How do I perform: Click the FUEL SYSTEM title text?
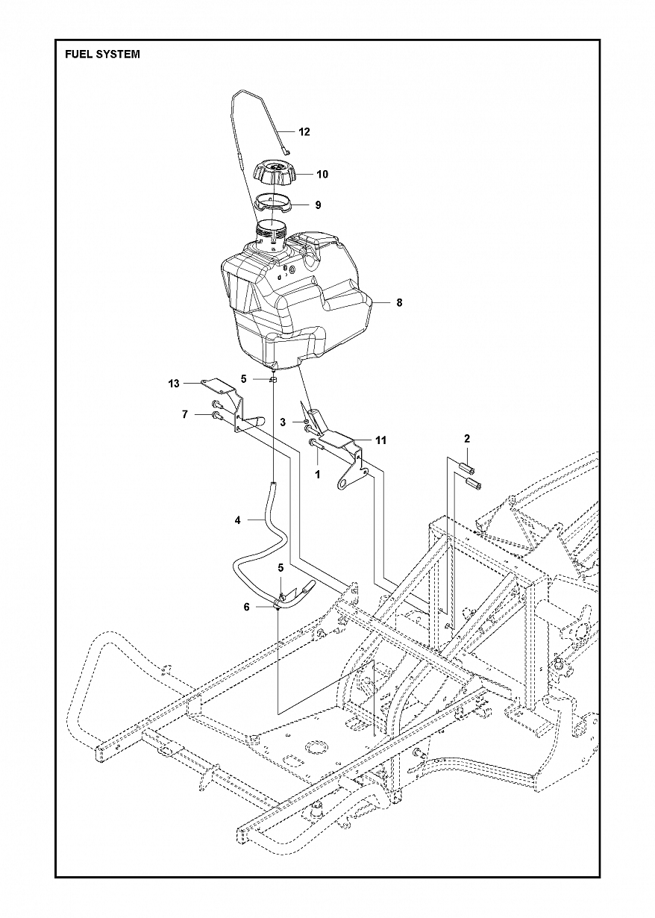point(102,54)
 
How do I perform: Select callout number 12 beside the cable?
point(304,132)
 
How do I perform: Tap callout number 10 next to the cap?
point(322,175)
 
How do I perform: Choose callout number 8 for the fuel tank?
point(399,303)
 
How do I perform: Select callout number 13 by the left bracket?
point(174,384)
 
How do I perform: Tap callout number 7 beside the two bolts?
point(184,414)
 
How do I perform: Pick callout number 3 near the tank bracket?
point(283,422)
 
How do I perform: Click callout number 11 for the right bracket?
point(380,440)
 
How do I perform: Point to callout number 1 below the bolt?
point(317,474)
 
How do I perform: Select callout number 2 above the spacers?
point(467,438)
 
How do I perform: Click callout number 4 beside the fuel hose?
point(238,520)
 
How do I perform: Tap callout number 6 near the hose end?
point(247,608)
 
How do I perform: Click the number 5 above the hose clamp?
point(281,568)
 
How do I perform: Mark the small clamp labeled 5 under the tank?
point(274,379)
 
